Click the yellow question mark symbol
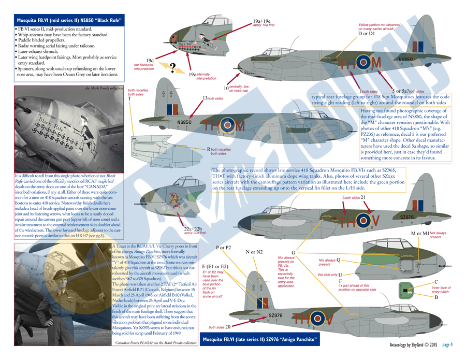(x=172, y=67)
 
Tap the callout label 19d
(x=150, y=61)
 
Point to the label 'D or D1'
(x=367, y=34)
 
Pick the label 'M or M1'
(x=419, y=233)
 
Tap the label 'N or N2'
(x=254, y=252)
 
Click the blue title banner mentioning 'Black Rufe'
(x=65, y=21)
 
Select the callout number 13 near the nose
(x=205, y=98)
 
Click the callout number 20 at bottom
(x=228, y=326)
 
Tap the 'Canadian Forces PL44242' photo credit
(x=157, y=343)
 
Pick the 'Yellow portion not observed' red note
(x=380, y=27)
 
